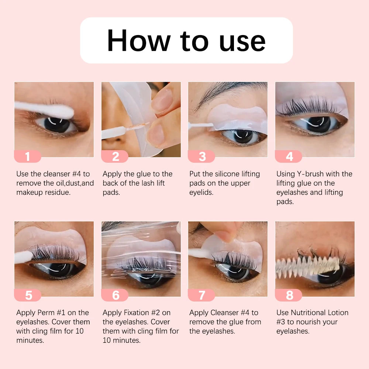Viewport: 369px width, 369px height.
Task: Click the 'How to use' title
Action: pyautogui.click(x=186, y=40)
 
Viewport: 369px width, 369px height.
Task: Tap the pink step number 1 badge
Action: pyautogui.click(x=27, y=156)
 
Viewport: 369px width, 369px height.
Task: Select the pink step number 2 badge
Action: pyautogui.click(x=115, y=156)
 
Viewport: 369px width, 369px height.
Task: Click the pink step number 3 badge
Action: pyautogui.click(x=201, y=156)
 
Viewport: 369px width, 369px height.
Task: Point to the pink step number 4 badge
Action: pyautogui.click(x=289, y=156)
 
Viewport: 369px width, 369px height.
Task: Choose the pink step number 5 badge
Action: pyautogui.click(x=28, y=295)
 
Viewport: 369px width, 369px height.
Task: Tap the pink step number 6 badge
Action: pyautogui.click(x=115, y=295)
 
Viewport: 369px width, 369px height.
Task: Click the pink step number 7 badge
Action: pyautogui.click(x=201, y=295)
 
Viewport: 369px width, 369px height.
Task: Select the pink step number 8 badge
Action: pyautogui.click(x=289, y=295)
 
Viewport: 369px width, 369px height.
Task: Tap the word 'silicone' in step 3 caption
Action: pyautogui.click(x=232, y=174)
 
